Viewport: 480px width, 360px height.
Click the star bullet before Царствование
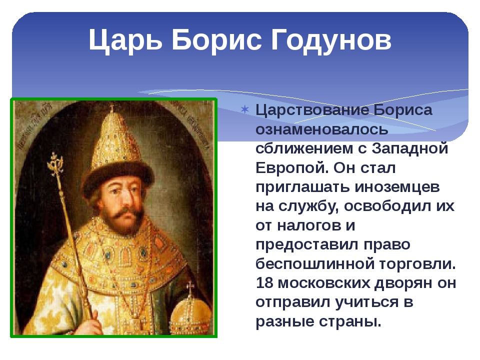click(245, 109)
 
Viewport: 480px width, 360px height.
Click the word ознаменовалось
click(321, 129)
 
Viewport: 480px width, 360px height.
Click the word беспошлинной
click(315, 264)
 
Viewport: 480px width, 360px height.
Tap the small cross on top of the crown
click(111, 108)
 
